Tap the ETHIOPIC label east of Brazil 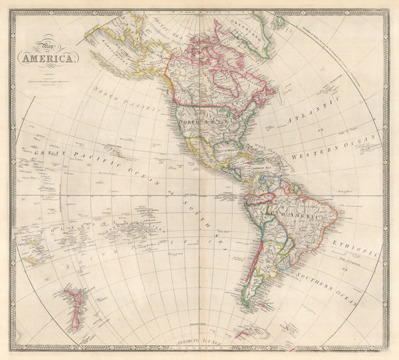coord(360,244)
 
